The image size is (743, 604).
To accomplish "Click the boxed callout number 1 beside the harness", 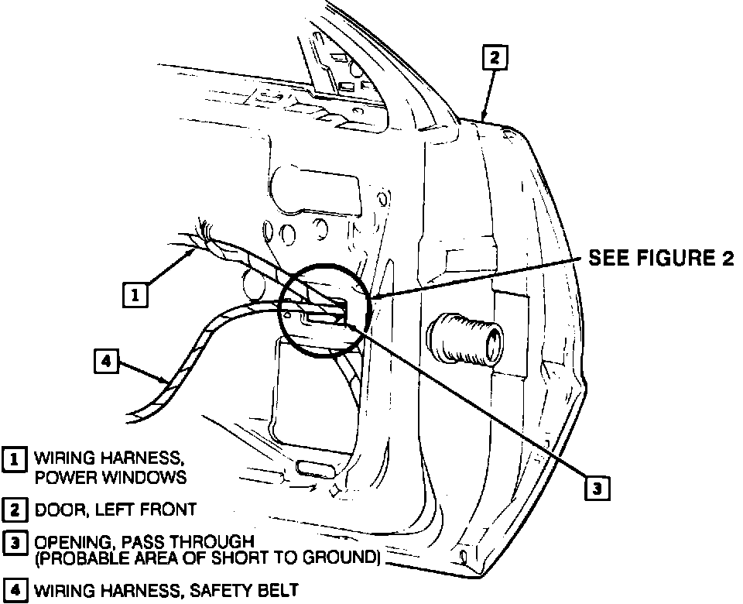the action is [x=135, y=294].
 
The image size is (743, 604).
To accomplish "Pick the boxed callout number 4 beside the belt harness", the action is [x=107, y=362].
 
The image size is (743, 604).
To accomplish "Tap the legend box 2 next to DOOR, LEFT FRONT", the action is [x=13, y=510].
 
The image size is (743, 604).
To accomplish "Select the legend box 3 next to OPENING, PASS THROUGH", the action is [x=13, y=544].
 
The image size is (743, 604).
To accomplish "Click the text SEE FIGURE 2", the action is [x=661, y=259].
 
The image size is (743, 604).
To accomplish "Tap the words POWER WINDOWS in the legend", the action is [x=111, y=477].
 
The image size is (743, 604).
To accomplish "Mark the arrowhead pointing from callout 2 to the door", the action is [x=484, y=116].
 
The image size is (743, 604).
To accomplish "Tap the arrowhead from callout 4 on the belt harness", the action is [x=164, y=381].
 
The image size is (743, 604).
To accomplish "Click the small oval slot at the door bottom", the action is [x=313, y=468].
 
